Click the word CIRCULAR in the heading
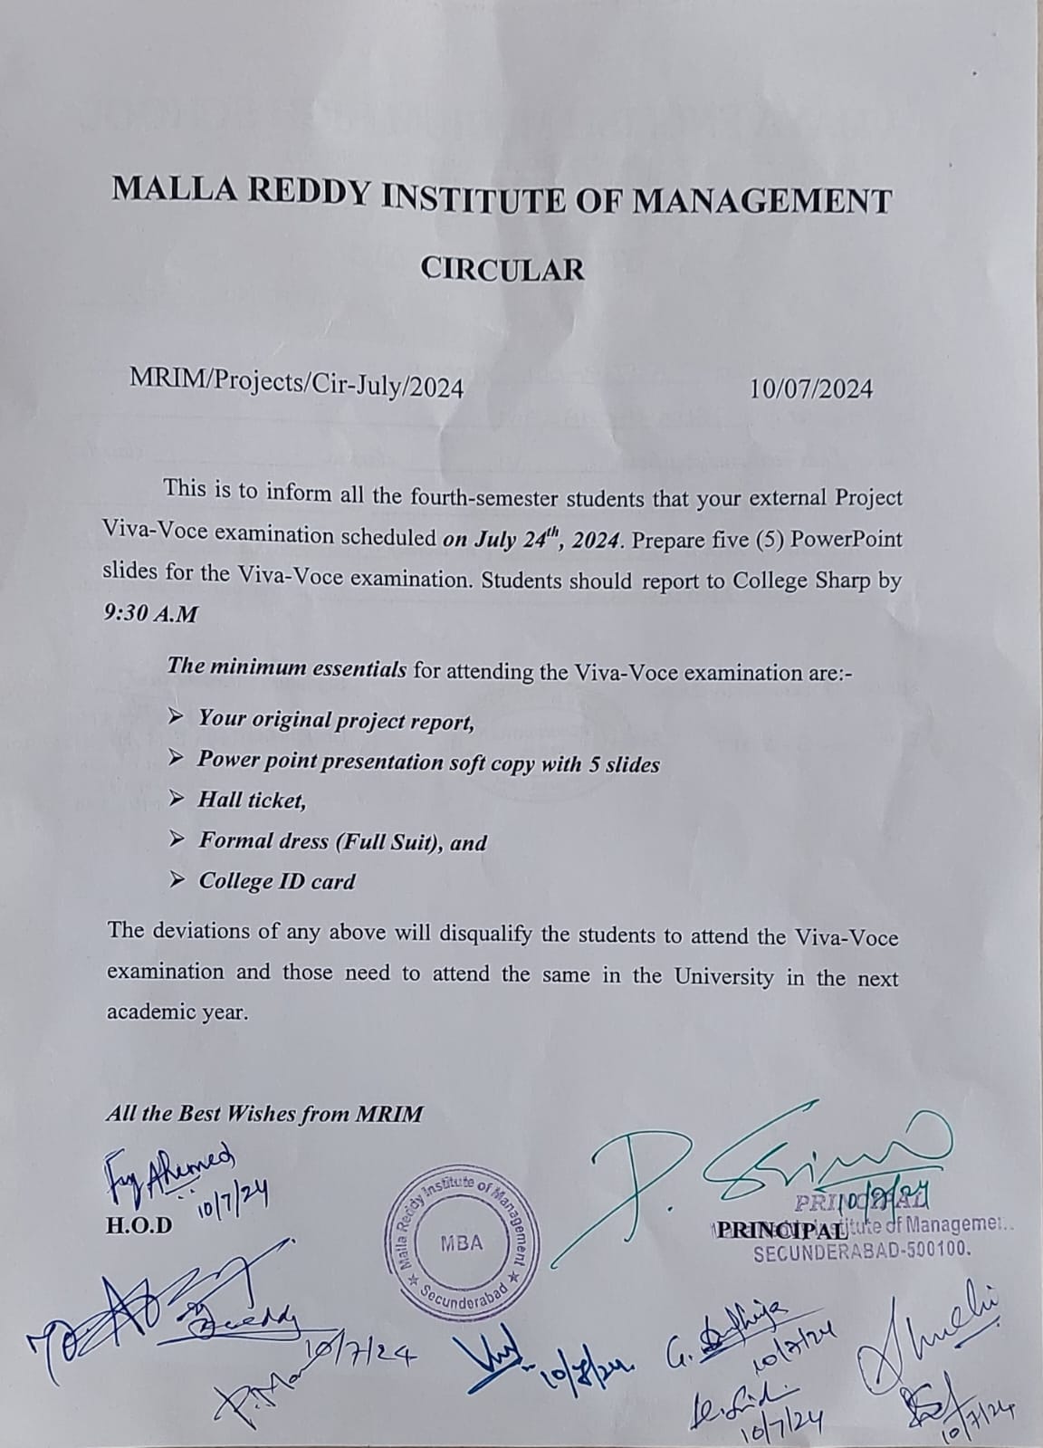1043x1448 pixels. tap(503, 269)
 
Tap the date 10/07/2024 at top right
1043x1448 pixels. tap(811, 388)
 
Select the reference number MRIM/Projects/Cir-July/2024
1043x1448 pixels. tap(297, 387)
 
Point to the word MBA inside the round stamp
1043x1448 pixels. tap(462, 1243)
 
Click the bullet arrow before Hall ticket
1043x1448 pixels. tap(177, 798)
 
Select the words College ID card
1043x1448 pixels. tap(277, 881)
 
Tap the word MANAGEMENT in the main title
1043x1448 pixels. tap(761, 200)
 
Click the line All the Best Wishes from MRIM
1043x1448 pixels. tap(264, 1114)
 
